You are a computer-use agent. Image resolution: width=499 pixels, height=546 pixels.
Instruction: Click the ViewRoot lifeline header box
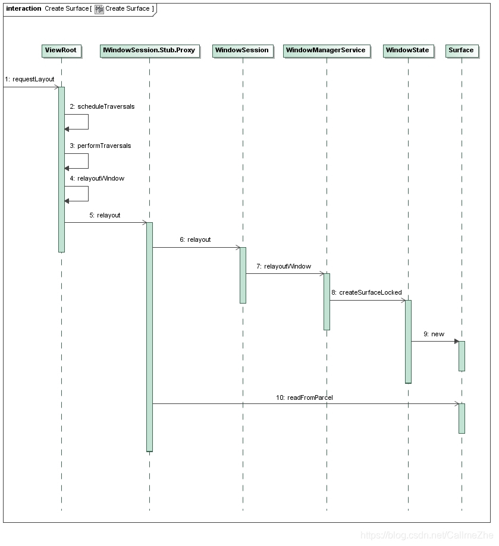(61, 51)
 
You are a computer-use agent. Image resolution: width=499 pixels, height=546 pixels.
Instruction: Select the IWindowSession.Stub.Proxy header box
(149, 51)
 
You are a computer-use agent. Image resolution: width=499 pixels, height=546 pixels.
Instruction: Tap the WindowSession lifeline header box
(242, 51)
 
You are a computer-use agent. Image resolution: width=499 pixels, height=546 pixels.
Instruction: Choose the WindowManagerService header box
(325, 51)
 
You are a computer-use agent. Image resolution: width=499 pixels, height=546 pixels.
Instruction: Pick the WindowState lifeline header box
(407, 51)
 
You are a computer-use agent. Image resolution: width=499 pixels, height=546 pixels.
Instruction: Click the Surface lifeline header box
(461, 51)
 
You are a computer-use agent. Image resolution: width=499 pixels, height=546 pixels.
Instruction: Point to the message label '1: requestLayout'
(29, 79)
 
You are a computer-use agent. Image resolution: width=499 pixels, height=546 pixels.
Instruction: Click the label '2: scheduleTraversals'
(102, 106)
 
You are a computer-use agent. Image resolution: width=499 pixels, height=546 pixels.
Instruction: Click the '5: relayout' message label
(105, 215)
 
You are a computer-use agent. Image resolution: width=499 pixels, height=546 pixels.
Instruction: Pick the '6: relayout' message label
(195, 240)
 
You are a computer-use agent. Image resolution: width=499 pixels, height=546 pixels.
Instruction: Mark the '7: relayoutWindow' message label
(284, 266)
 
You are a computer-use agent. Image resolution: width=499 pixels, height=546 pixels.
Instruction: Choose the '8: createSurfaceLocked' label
(366, 292)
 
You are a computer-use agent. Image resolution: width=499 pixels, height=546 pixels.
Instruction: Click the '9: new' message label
(434, 334)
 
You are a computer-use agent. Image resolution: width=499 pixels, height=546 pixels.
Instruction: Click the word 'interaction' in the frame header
(24, 9)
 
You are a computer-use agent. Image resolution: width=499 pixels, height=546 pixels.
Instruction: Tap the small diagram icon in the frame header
(99, 9)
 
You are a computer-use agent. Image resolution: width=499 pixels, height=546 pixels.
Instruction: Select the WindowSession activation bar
(243, 275)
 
